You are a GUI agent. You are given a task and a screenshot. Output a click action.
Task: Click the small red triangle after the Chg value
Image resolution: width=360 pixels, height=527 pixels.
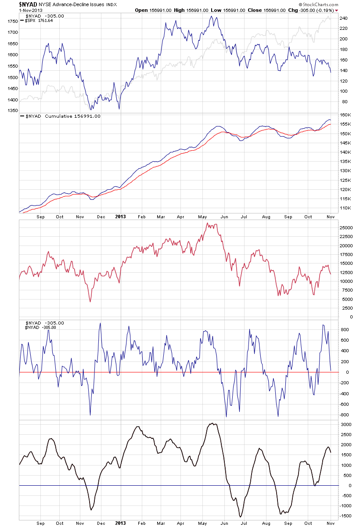tap(337, 10)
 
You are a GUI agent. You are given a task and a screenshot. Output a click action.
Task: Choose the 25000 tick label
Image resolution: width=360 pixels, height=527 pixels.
tap(346, 227)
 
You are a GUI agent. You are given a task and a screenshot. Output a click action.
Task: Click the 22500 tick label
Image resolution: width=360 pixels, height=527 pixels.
tap(346, 237)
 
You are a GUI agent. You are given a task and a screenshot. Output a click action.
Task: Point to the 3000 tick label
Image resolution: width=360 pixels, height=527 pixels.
tap(346, 424)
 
